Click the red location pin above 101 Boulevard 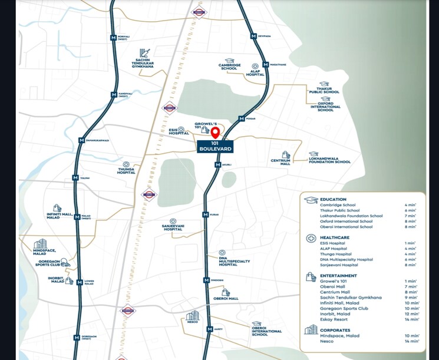click(x=215, y=132)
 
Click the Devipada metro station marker click(x=253, y=36)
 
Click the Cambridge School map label click(x=228, y=67)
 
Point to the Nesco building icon click(x=193, y=316)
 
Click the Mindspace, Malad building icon click(x=40, y=244)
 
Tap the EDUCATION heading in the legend click(x=334, y=200)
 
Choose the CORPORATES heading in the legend click(x=337, y=330)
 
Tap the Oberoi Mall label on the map click(x=226, y=299)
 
